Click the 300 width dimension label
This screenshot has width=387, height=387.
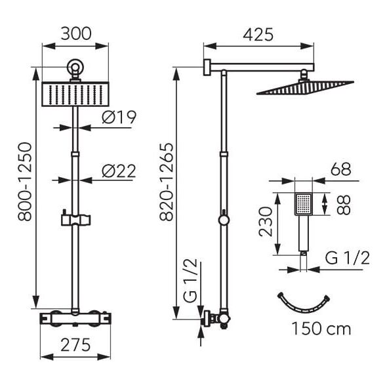tap(76, 34)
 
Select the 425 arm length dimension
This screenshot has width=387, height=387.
tap(258, 34)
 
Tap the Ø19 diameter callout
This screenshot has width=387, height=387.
tap(119, 117)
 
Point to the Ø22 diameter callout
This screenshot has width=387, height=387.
tap(119, 171)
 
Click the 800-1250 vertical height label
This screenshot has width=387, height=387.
tap(25, 182)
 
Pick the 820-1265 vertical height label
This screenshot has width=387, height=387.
tap(167, 182)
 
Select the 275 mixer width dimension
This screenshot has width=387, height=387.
tap(75, 345)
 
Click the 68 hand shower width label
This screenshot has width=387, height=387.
tap(341, 169)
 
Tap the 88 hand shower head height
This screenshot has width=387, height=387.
tap(343, 205)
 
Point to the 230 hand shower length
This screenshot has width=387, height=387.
tap(265, 222)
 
